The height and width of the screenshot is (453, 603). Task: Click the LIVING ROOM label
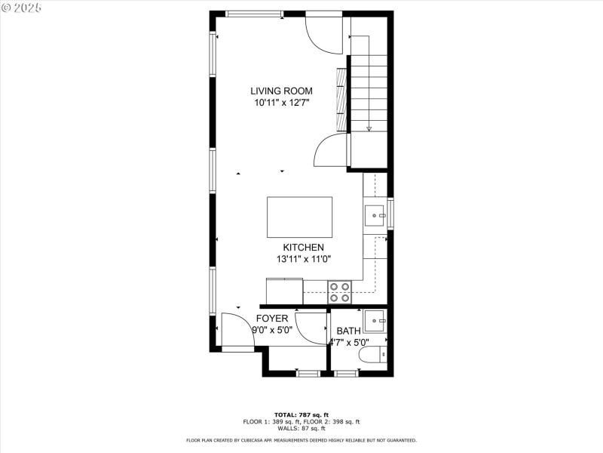tap(281, 91)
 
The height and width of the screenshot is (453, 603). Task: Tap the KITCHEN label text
tap(303, 248)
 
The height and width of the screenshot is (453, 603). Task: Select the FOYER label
tap(272, 319)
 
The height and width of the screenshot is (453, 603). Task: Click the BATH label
tap(348, 331)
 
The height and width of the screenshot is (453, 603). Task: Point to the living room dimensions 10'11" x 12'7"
tap(281, 103)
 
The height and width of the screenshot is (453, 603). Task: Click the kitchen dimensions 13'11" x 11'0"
tap(303, 259)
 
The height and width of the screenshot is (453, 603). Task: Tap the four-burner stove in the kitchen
tap(339, 291)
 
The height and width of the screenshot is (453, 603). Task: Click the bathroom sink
tap(375, 322)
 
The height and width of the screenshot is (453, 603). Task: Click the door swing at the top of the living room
tap(325, 33)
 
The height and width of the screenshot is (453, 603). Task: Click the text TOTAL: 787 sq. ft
tap(301, 414)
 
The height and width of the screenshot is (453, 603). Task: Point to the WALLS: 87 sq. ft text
tap(301, 428)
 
